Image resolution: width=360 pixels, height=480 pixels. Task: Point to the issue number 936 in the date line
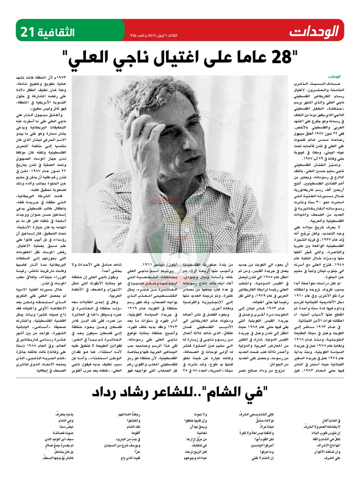pyautogui.click(x=133, y=35)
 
